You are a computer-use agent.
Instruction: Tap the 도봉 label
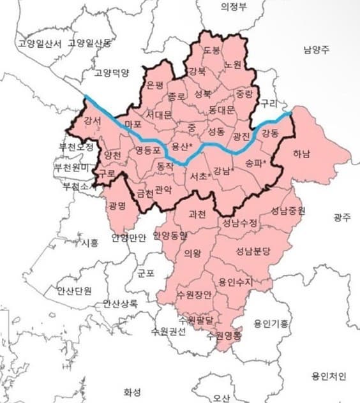[x=213, y=50]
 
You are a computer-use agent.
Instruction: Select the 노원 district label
[x=233, y=66]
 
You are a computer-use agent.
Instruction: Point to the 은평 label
[x=156, y=85]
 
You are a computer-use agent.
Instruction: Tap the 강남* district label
[x=224, y=170]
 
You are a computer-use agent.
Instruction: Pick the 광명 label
[x=117, y=206]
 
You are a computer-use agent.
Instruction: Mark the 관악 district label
[x=164, y=189]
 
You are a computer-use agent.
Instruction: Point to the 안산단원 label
[x=75, y=289]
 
